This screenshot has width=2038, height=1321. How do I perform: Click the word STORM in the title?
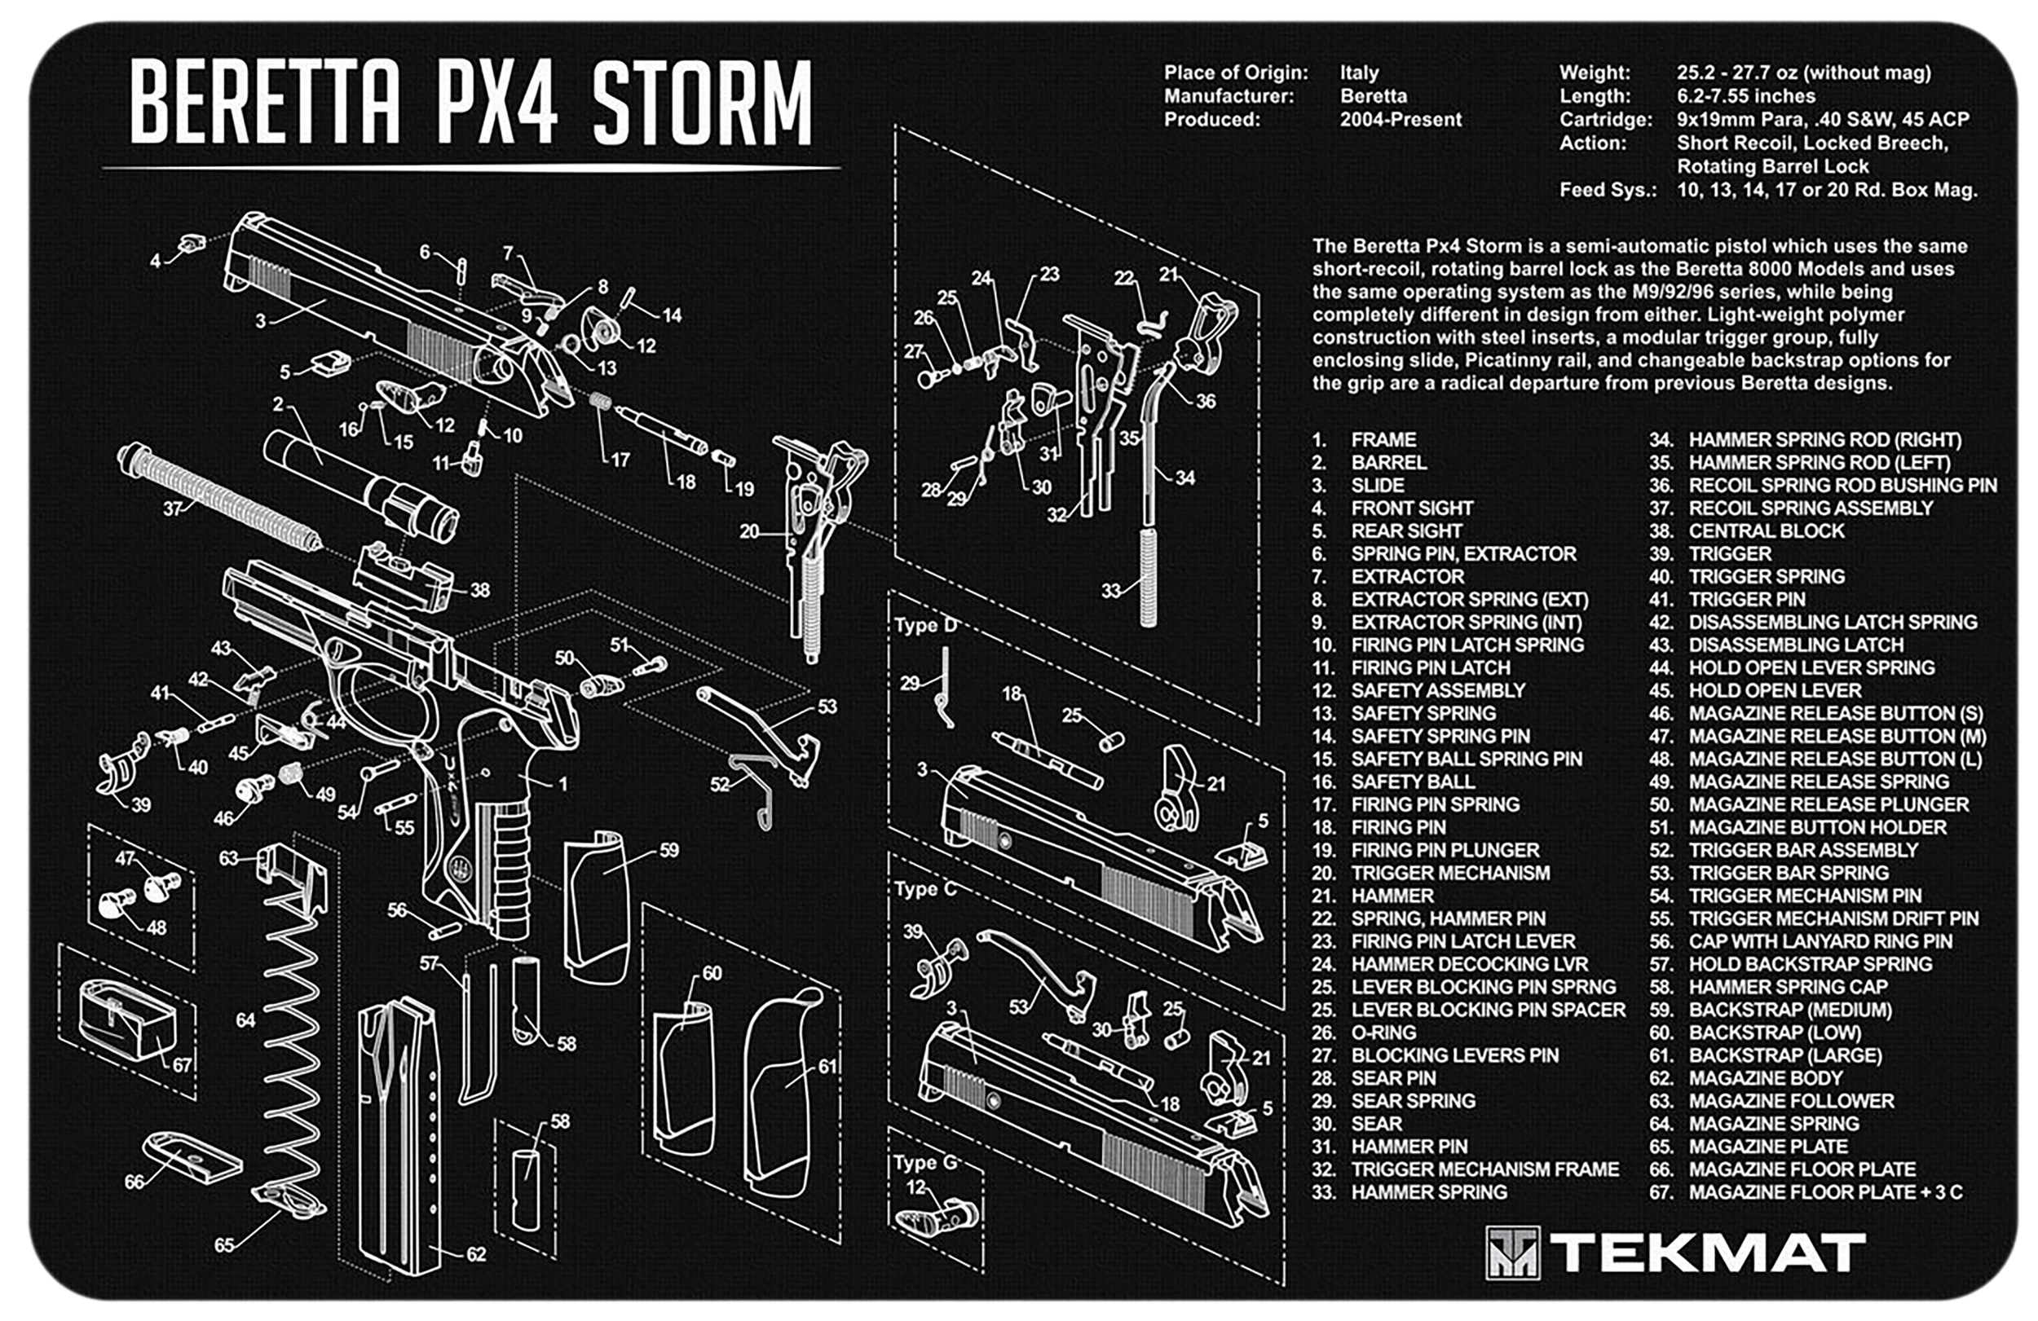(x=702, y=103)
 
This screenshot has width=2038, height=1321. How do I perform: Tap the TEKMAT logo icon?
(x=1512, y=1253)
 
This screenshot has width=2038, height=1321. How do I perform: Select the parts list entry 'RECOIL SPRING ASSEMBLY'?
(x=1811, y=508)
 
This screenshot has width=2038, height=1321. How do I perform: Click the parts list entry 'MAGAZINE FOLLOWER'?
(x=1790, y=1101)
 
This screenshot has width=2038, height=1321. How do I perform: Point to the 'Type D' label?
(x=924, y=625)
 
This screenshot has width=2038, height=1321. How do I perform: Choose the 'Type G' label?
(x=924, y=1163)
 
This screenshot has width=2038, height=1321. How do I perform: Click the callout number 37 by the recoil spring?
(x=174, y=509)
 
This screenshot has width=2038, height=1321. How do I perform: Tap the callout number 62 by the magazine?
(x=476, y=1254)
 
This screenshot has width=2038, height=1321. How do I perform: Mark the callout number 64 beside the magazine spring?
(x=245, y=1019)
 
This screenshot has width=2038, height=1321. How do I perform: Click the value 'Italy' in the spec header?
(x=1360, y=73)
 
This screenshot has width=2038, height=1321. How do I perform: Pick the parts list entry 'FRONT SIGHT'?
(x=1412, y=508)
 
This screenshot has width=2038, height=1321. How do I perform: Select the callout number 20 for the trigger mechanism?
(x=749, y=531)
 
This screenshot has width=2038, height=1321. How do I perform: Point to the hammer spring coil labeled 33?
(x=1148, y=577)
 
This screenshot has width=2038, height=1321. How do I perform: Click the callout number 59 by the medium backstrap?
(x=668, y=850)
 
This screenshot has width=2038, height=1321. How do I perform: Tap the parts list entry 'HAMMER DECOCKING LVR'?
(x=1470, y=964)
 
